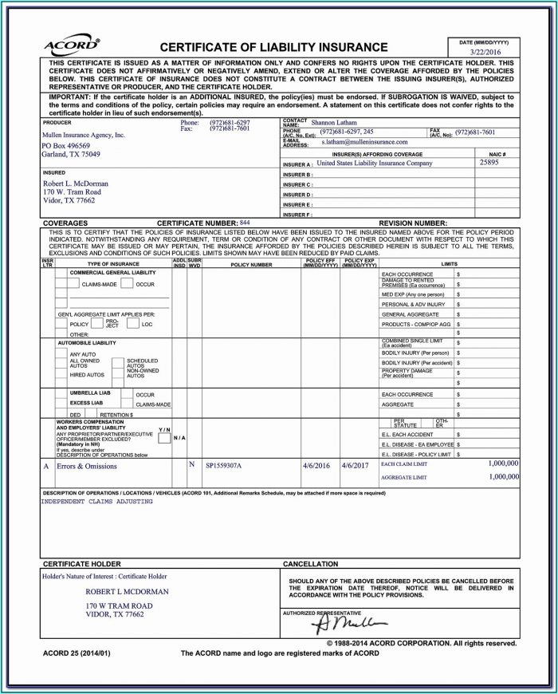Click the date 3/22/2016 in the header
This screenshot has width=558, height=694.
coord(487,52)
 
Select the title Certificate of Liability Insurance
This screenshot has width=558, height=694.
coord(273,47)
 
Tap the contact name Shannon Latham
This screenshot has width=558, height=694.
coord(335,123)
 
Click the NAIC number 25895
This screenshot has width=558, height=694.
coord(489,162)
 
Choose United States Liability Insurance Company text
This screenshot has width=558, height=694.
coord(374,163)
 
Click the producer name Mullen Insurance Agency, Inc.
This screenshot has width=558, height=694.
coord(84,136)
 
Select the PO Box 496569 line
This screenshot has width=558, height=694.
coord(68,146)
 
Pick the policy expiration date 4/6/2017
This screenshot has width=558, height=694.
coord(355,464)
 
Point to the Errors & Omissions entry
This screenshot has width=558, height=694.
coord(88,465)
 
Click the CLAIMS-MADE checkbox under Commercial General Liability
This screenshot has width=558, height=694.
coord(74,284)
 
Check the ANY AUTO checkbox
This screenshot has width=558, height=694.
coord(61,352)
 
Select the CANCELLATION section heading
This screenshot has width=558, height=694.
coord(311,564)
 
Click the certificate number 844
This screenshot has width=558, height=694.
coord(245,222)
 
